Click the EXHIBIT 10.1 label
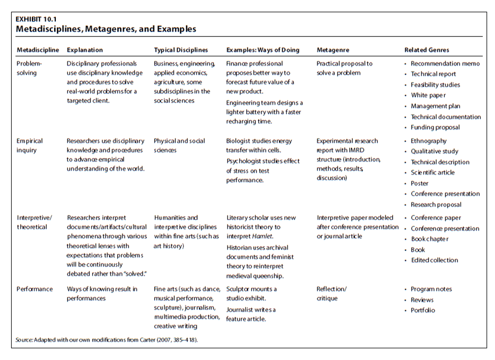pyautogui.click(x=35, y=18)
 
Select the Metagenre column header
pyautogui.click(x=334, y=50)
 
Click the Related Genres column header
pyautogui.click(x=427, y=50)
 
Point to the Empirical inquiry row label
pyautogui.click(x=30, y=146)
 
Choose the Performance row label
pyautogui.click(x=35, y=289)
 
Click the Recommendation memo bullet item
pyautogui.click(x=445, y=64)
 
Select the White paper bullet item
pyautogui.click(x=428, y=96)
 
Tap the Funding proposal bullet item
pyautogui.click(x=435, y=127)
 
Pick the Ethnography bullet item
pyautogui.click(x=429, y=141)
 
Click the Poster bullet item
pyautogui.click(x=420, y=183)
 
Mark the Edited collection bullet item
pyautogui.click(x=434, y=260)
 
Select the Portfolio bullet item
pyautogui.click(x=422, y=310)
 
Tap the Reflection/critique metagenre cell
pyautogui.click(x=331, y=294)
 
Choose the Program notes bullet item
pyautogui.click(x=431, y=289)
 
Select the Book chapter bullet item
pyautogui.click(x=429, y=239)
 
